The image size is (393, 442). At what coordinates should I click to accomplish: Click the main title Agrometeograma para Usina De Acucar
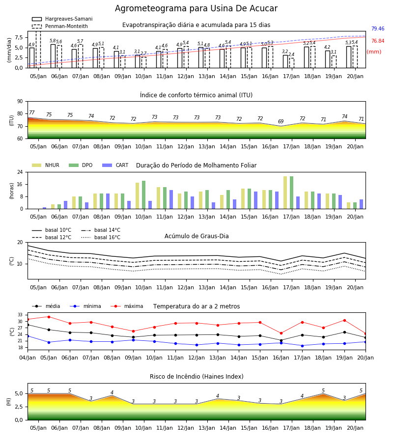[x=196, y=8]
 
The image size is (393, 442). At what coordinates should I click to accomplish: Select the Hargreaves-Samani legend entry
[x=62, y=19]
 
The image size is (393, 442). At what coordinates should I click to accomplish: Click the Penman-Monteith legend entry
[x=60, y=26]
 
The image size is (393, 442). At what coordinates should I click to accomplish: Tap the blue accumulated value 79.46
[x=378, y=28]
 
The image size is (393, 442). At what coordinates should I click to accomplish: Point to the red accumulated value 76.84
[x=378, y=41]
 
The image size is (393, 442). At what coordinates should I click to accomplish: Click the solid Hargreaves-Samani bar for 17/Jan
[x=285, y=61]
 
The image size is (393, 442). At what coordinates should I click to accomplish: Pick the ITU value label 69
[x=281, y=121]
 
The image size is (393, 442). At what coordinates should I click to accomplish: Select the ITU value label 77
[x=31, y=113]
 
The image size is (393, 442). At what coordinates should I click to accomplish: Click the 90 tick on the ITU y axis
[x=20, y=102]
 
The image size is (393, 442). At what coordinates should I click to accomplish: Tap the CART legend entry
[x=115, y=165]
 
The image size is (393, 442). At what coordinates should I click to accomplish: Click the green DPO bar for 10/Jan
[x=144, y=195]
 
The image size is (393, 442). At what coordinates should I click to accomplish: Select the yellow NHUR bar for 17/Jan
[x=285, y=193]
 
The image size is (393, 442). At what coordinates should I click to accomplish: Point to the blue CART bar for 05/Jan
[x=45, y=208]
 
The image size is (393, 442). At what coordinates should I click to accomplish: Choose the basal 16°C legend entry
[x=101, y=237]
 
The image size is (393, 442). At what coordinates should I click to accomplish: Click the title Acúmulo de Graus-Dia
[x=196, y=236]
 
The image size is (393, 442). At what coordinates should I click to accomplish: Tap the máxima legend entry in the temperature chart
[x=127, y=306]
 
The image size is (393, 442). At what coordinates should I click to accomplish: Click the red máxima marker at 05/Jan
[x=49, y=317]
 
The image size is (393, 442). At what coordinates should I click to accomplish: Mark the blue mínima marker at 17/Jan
[x=303, y=346]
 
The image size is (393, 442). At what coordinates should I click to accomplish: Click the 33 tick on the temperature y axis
[x=20, y=315]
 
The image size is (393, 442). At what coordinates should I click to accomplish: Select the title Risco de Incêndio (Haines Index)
[x=196, y=376]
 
